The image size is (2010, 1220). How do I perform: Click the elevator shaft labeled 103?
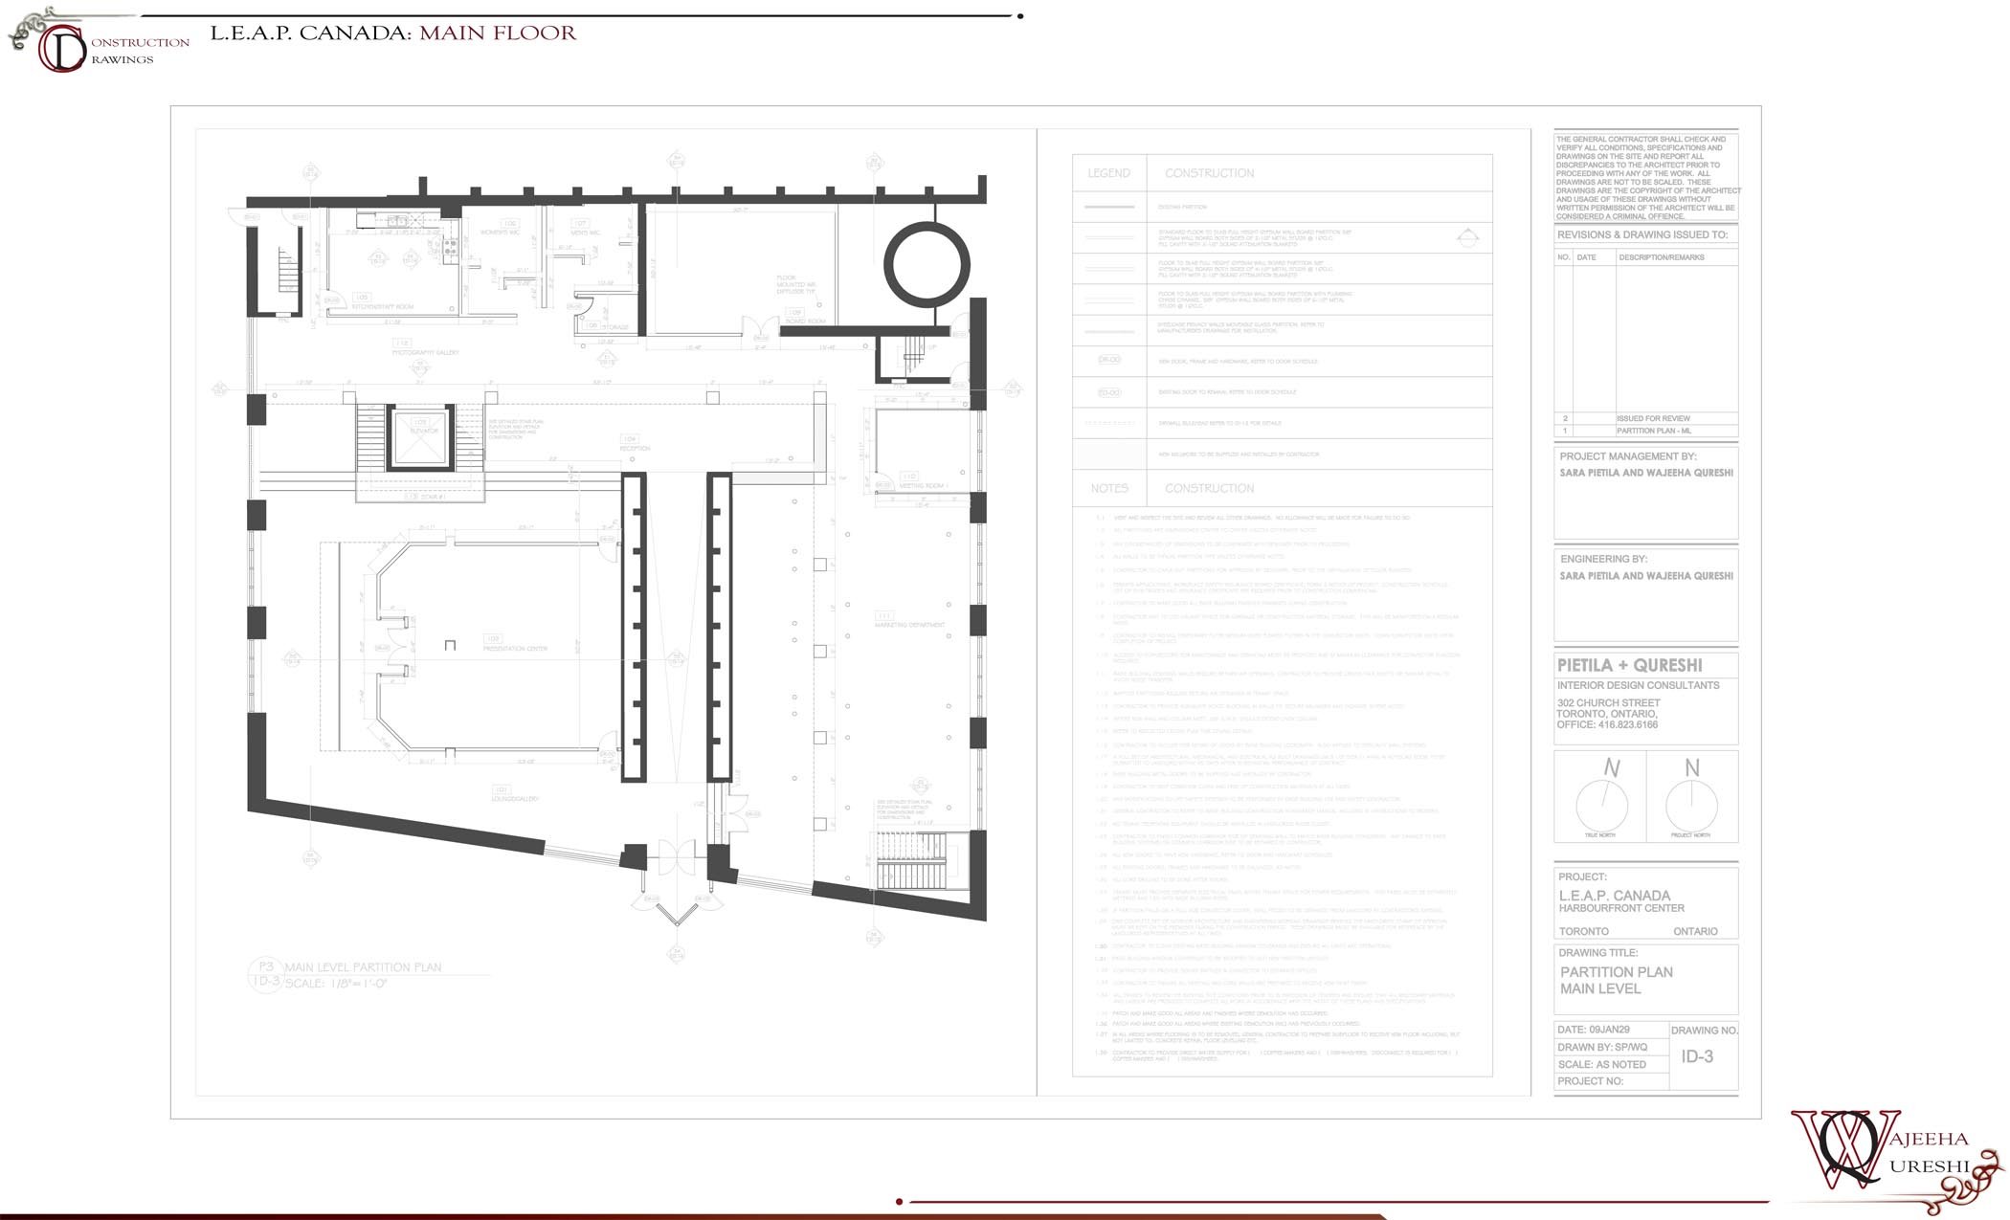[x=420, y=437]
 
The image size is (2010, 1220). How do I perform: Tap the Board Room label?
[x=805, y=321]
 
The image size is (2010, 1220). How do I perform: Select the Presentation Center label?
[x=515, y=649]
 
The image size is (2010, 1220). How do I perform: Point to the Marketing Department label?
[x=908, y=625]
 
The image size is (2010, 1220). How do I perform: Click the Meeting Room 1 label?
[x=921, y=486]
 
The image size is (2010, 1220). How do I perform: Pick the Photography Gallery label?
[x=425, y=353]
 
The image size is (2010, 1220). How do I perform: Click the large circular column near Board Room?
[x=926, y=264]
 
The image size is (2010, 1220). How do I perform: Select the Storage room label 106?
[x=614, y=327]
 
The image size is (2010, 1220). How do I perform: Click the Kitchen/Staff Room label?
[x=383, y=307]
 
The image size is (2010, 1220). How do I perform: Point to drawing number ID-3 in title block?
[x=1697, y=1056]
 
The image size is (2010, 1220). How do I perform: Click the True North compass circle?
[x=1601, y=805]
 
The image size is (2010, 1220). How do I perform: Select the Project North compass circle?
[x=1691, y=805]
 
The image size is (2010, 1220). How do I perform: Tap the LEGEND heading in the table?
[x=1108, y=173]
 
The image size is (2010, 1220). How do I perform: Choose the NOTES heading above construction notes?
[x=1108, y=488]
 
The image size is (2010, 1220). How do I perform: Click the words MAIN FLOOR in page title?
[x=498, y=33]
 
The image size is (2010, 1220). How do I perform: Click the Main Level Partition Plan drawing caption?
[x=363, y=967]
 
